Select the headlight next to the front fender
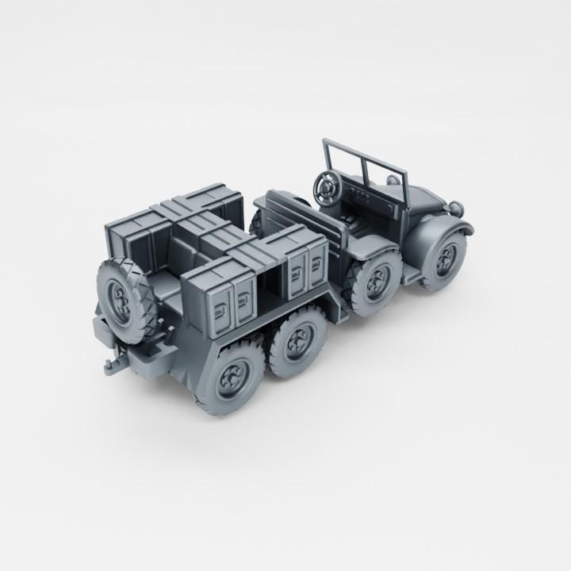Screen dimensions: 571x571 point(458,208)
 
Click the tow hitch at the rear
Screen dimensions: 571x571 point(107,366)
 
